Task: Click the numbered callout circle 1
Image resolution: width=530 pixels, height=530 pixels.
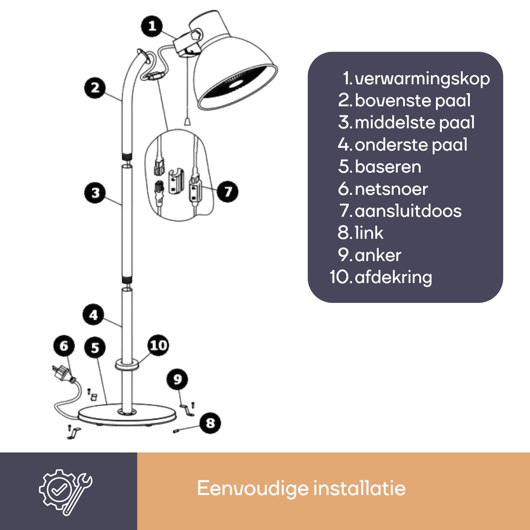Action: [152, 26]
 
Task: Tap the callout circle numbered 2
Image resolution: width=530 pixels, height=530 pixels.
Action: [95, 88]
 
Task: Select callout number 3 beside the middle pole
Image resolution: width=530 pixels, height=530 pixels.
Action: [95, 193]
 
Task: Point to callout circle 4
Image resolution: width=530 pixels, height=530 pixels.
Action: [94, 315]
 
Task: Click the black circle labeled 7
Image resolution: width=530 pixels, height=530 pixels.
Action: [227, 192]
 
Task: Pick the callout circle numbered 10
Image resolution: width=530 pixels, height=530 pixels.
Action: [158, 345]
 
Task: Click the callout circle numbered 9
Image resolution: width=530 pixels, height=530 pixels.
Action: [178, 379]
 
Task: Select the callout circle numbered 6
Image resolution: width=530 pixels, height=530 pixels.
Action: [64, 346]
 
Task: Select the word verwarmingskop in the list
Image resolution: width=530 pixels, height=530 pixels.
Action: [422, 79]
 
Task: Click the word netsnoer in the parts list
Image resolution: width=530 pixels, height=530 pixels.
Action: [391, 189]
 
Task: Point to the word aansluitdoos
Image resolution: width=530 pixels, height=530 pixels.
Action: [408, 211]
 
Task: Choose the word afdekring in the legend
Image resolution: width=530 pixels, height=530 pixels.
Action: [393, 277]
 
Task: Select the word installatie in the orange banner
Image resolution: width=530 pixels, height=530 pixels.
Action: [359, 488]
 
